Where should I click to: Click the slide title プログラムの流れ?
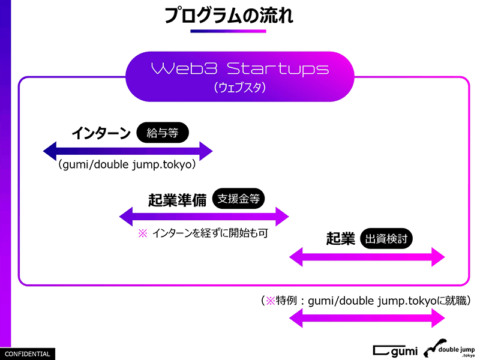229,15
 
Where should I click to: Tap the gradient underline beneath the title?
229,31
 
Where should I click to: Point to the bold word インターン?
101,133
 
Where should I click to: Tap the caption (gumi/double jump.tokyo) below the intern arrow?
128,166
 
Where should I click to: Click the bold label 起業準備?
177,200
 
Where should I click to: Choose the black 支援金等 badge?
238,199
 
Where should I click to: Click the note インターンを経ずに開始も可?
210,234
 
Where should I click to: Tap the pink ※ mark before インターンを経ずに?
142,234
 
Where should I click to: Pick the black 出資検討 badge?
387,238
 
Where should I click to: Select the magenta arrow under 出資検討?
367,257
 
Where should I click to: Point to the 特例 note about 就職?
365,301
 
